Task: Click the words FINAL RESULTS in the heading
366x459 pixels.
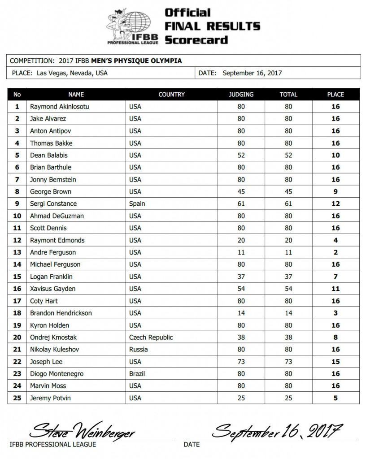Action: [212, 26]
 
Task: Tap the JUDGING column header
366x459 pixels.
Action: [241, 95]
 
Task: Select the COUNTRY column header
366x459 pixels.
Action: [171, 95]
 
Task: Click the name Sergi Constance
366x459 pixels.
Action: [53, 204]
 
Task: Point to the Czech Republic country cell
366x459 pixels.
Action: [151, 337]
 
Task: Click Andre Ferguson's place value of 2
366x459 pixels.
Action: [335, 252]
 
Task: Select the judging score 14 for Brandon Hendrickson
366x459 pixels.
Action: [241, 313]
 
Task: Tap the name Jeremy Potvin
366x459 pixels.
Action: [50, 398]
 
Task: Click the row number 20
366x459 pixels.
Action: [17, 337]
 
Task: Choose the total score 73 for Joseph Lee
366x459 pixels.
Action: [288, 361]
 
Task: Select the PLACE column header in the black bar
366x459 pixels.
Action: [335, 95]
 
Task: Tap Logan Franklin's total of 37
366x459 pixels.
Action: [288, 277]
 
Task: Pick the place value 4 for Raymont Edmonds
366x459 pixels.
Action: [335, 240]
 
